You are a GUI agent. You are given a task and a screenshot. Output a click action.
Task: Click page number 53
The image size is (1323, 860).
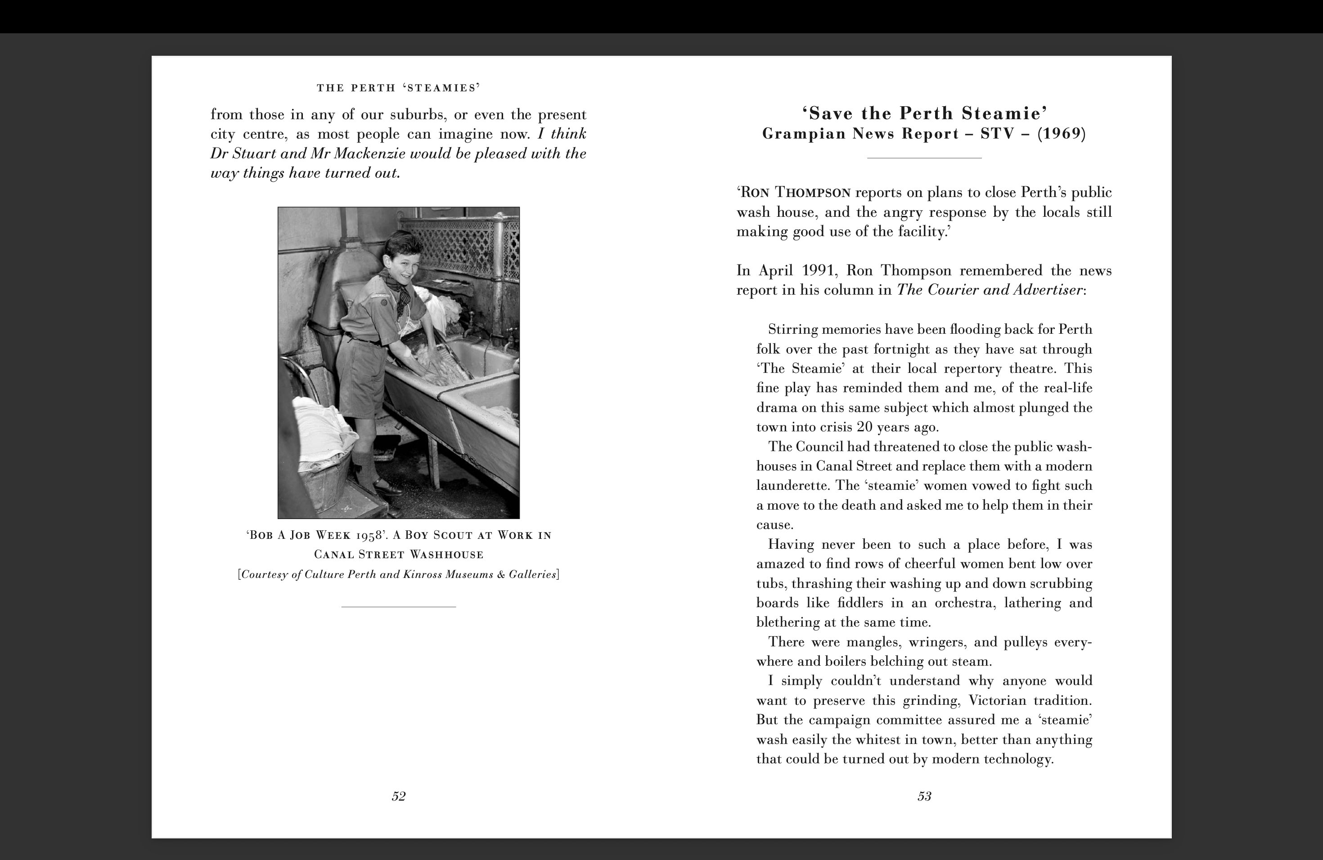(x=924, y=796)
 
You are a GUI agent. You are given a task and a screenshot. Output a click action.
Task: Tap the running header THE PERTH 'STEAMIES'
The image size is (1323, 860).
(x=399, y=88)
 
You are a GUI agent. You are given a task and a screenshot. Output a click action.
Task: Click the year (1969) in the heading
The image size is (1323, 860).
(x=1061, y=134)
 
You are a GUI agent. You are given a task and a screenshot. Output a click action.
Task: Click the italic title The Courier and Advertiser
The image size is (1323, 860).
(x=990, y=290)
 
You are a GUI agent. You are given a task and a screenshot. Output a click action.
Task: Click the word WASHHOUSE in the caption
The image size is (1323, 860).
(x=446, y=555)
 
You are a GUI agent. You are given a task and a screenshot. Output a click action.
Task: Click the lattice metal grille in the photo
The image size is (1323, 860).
(x=461, y=244)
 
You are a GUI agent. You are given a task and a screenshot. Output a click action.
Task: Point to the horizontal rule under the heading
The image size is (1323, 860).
(x=924, y=158)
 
